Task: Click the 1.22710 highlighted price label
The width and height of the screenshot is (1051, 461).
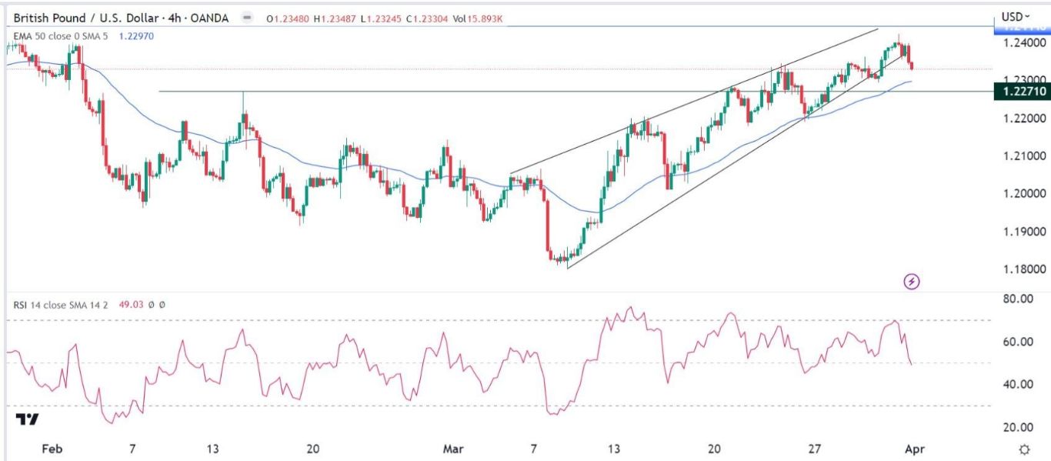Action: point(1020,92)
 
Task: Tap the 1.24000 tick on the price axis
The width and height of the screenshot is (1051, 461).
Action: point(1023,43)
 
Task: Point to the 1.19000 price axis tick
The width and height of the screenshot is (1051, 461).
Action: point(1023,232)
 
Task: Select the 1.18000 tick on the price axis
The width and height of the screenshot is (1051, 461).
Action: point(1023,269)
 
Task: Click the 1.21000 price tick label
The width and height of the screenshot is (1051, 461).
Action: point(1023,156)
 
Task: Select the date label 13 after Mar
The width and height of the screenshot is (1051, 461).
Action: point(613,449)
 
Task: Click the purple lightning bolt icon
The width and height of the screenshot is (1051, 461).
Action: point(912,282)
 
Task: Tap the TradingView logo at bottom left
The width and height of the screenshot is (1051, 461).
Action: point(28,419)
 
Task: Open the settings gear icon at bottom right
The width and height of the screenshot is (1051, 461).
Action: point(1024,449)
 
